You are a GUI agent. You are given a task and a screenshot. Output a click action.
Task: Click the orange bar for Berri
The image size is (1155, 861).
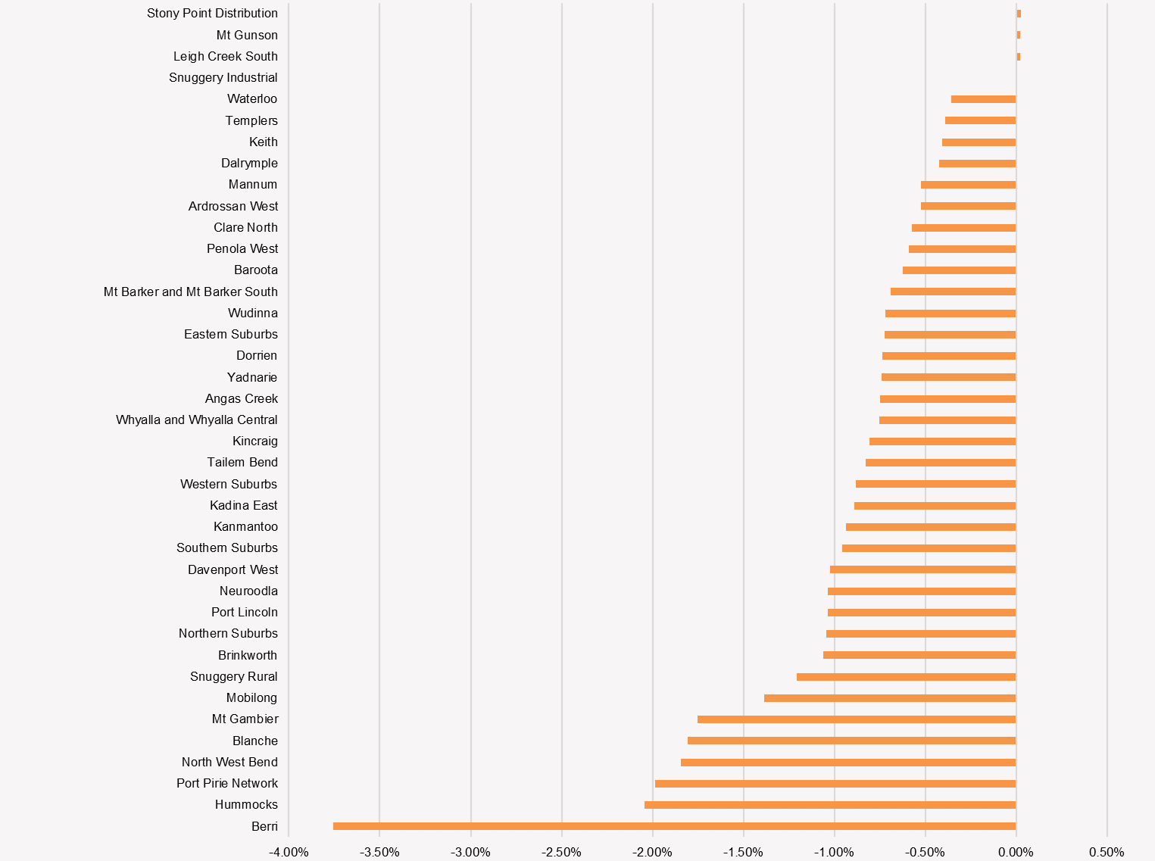[x=674, y=826]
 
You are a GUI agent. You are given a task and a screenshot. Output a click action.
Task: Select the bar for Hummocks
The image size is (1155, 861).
[x=830, y=805]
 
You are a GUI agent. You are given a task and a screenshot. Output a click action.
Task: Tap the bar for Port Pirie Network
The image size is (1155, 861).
[x=835, y=784]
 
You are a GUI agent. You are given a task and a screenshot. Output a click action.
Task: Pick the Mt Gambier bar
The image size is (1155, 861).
[x=857, y=719]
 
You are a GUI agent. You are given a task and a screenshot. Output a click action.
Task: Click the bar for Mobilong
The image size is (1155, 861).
[x=890, y=698]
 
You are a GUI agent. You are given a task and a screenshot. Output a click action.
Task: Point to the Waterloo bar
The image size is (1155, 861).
[x=983, y=99]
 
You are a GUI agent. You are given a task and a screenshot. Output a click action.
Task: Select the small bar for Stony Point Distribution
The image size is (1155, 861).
[x=1019, y=14]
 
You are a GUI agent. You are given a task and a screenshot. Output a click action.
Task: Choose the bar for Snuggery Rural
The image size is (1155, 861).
[x=906, y=677]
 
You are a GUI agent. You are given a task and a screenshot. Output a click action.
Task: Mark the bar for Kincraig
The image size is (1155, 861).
[x=942, y=441]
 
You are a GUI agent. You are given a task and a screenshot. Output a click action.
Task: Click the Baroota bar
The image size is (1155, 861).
[x=959, y=270]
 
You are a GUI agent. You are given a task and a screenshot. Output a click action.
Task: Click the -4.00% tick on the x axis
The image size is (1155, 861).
[x=289, y=853]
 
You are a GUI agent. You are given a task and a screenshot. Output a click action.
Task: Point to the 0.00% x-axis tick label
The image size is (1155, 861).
[x=1016, y=853]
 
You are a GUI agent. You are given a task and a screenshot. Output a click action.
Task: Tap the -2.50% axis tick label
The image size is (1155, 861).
[x=561, y=853]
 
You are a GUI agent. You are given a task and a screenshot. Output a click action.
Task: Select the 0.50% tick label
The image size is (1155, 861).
[x=1107, y=853]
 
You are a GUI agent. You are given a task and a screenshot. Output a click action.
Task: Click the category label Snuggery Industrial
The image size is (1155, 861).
[x=223, y=77]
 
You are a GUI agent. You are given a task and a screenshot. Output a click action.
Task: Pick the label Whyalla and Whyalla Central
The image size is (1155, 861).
[x=196, y=420]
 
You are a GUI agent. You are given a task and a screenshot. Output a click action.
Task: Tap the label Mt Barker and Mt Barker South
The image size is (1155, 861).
[x=190, y=292]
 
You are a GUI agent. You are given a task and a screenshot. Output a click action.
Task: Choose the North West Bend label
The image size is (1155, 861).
[x=229, y=762]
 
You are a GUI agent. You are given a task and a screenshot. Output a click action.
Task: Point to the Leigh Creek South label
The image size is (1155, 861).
[x=225, y=56]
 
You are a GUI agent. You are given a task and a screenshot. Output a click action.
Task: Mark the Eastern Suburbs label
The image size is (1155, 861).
[x=230, y=334]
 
